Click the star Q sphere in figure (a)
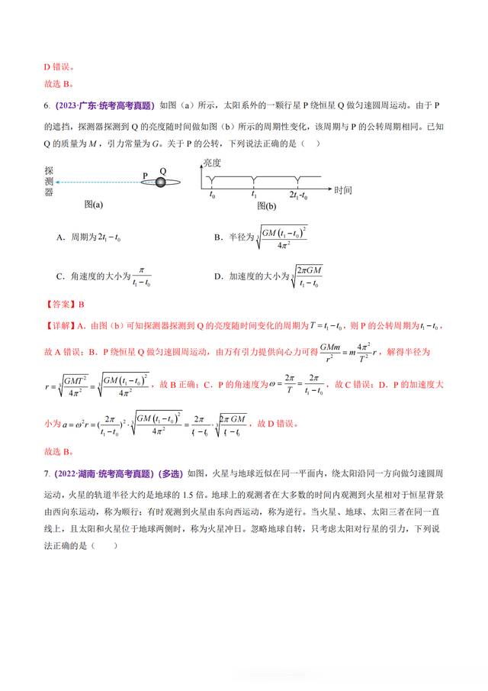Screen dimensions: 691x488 pos(160,182)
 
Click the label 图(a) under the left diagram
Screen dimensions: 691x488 pos(94,205)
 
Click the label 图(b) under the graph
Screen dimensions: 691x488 pos(267,205)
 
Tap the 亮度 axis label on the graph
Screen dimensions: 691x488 pos(212,163)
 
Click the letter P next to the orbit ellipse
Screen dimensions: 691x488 pos(145,176)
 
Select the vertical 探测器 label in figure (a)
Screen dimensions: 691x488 pos(48,182)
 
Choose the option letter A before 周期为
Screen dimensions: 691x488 pos(59,238)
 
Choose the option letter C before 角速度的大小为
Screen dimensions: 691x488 pos(59,276)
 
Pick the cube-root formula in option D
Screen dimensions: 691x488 pos(306,276)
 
